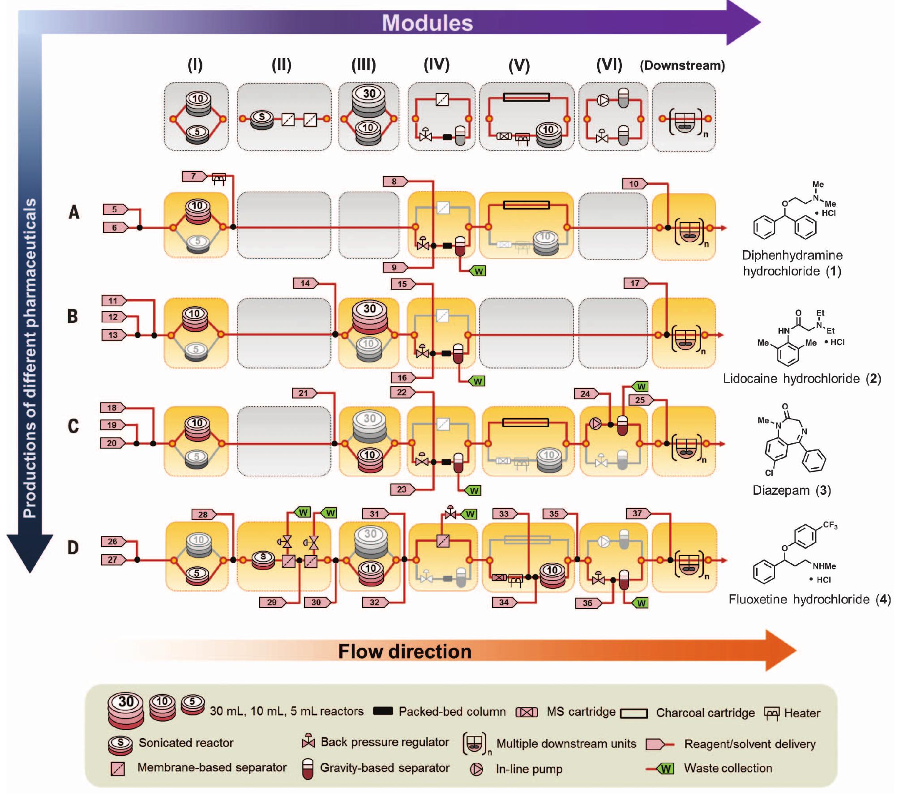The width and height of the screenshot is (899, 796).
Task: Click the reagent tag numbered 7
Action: point(193,176)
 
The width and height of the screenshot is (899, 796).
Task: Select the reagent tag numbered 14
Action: point(305,283)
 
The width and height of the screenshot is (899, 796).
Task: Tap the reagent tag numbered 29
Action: point(272,603)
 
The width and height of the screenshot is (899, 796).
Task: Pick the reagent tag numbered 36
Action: point(587,603)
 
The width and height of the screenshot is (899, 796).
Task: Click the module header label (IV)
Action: point(437,65)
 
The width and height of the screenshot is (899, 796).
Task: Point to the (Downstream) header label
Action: point(682,66)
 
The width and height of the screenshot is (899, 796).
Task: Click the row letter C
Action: point(73,426)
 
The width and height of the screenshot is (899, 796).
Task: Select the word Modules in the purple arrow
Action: point(427,23)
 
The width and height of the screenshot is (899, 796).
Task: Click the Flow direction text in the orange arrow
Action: point(405,651)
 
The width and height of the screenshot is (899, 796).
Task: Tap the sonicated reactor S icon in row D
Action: point(263,559)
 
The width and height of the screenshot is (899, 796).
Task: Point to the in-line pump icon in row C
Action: point(596,424)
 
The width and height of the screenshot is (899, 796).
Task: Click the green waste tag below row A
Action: point(478,271)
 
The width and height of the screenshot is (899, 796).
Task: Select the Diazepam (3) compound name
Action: point(792,490)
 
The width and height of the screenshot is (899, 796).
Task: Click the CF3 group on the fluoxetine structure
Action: point(830,525)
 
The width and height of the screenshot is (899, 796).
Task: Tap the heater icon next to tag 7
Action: point(218,179)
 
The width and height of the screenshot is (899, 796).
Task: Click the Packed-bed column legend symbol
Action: point(383,711)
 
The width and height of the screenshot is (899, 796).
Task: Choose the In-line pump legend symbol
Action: point(477,769)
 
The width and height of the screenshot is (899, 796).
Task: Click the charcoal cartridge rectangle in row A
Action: point(526,205)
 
